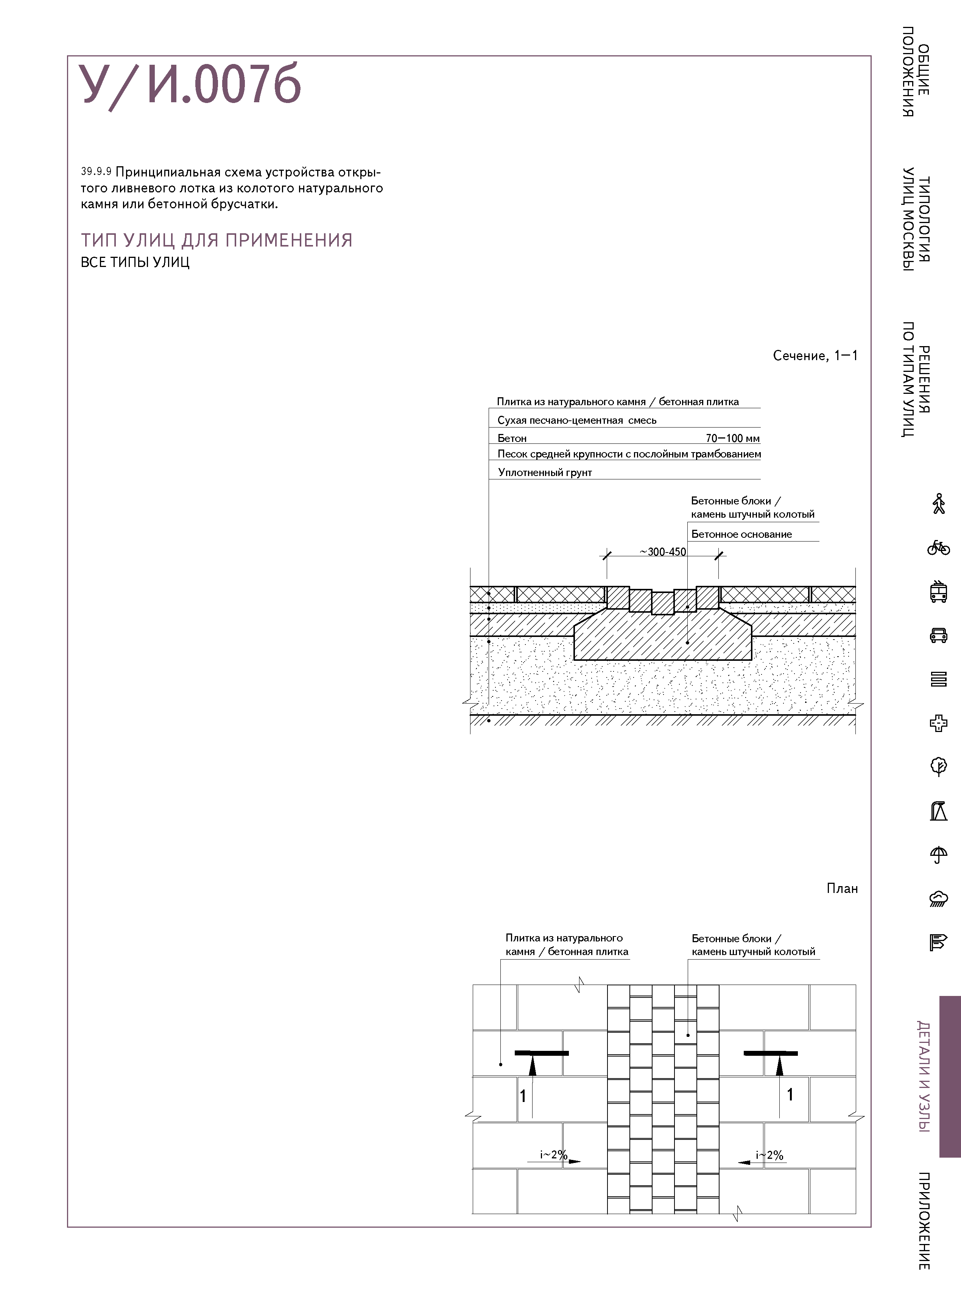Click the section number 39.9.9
click(96, 172)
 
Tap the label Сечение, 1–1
click(815, 356)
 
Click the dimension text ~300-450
click(663, 552)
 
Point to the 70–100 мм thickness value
click(732, 438)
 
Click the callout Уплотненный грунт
click(545, 473)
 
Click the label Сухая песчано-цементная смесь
click(576, 420)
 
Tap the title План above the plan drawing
click(842, 888)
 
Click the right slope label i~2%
click(769, 1155)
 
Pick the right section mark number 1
click(790, 1094)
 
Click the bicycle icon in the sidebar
click(938, 548)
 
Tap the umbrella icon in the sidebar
click(938, 855)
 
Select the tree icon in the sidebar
click(938, 767)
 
